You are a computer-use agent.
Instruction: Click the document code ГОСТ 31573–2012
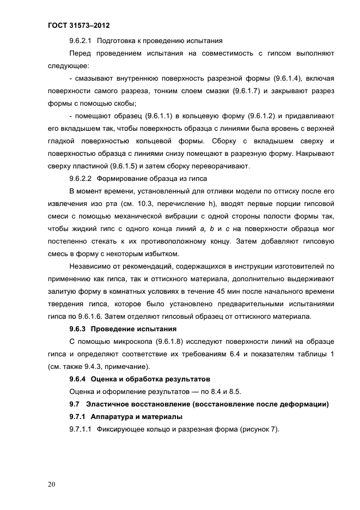[79, 25]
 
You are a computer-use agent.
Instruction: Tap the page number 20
[52, 484]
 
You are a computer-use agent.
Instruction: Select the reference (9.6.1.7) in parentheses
[248, 91]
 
